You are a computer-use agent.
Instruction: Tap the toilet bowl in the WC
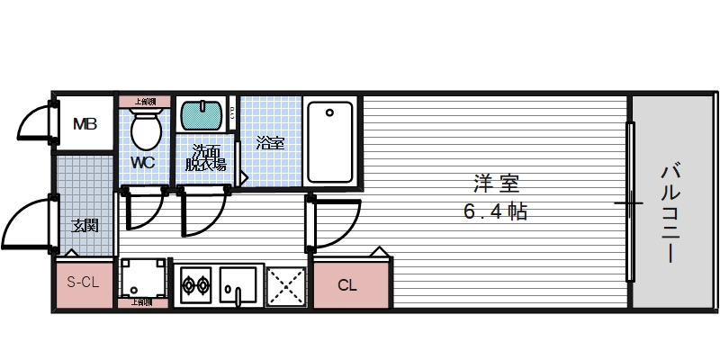point(145,130)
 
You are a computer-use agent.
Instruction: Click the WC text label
point(143,163)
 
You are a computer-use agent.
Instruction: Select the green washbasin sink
point(202,116)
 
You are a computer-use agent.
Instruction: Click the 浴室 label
point(269,142)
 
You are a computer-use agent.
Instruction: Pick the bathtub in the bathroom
point(330,141)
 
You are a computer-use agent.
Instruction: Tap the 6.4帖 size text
point(495,212)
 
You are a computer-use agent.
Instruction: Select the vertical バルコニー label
point(670,212)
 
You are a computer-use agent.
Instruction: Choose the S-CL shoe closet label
point(84,283)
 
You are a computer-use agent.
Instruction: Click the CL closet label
point(347,286)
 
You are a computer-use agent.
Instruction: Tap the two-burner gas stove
point(196,287)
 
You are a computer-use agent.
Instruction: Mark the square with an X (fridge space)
point(287,287)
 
